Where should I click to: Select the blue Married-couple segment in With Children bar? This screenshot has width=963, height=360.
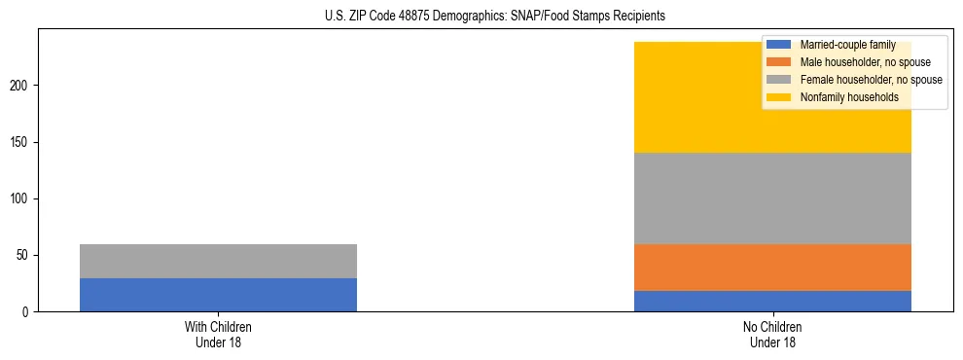(218, 295)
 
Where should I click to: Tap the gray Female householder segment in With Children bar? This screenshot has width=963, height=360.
(218, 261)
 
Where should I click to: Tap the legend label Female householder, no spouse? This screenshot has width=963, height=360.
(871, 80)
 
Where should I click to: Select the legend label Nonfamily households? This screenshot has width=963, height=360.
(842, 97)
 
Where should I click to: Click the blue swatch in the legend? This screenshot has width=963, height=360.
(779, 45)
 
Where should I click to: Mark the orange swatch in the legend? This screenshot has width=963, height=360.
(779, 62)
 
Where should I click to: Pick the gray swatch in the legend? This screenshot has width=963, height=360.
(779, 80)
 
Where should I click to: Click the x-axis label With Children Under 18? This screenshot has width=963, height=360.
(218, 334)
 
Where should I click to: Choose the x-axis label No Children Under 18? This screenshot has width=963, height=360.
(772, 334)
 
